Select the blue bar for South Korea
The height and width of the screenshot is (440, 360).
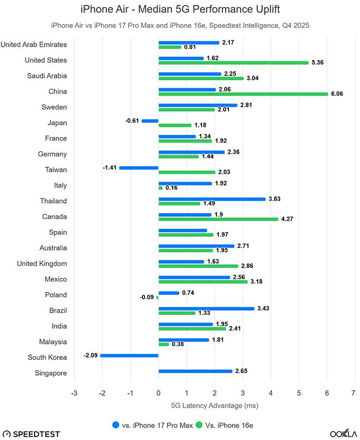click(129, 355)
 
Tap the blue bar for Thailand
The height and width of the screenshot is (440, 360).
click(212, 199)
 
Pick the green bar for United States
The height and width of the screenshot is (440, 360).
click(233, 63)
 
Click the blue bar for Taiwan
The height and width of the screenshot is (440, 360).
click(139, 168)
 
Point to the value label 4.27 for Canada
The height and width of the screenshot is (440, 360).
click(287, 219)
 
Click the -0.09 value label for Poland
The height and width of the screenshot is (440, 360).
click(147, 297)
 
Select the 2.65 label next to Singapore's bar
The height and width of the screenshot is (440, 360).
click(241, 371)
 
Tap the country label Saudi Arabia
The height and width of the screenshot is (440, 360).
click(47, 76)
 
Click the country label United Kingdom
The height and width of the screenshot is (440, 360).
click(42, 264)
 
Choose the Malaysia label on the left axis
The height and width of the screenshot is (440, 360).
click(53, 342)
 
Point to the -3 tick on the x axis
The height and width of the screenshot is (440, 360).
click(74, 393)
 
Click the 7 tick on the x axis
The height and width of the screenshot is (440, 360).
click(355, 393)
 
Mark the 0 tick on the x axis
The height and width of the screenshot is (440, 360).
click(158, 393)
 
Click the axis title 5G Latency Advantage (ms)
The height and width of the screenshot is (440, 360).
click(215, 406)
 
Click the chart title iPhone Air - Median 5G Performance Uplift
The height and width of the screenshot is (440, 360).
click(180, 9)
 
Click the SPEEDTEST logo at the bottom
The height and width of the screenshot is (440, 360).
click(31, 434)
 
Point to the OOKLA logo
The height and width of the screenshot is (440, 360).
click(343, 434)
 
